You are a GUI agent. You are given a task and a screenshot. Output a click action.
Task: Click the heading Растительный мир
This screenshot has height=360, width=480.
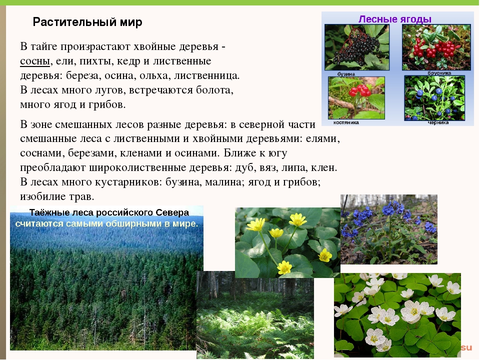87,22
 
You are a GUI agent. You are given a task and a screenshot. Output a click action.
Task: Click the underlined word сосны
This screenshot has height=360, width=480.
35,61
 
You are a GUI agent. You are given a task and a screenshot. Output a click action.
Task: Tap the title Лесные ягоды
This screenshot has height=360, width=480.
395,19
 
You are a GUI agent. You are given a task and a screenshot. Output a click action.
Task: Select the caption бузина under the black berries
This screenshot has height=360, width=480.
346,74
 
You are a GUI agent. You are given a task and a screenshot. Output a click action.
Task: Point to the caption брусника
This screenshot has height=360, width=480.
439,73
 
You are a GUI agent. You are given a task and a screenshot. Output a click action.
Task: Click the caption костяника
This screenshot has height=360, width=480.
346,122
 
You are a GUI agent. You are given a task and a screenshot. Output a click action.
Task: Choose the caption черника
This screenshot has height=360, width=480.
438,122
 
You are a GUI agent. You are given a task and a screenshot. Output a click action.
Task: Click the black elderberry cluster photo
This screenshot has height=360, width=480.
357,47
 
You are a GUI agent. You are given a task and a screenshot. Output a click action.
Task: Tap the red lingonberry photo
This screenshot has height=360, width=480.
436,47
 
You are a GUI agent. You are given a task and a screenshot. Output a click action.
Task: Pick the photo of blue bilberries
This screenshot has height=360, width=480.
434,98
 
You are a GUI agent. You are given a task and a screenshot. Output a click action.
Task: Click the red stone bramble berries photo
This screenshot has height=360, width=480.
356,98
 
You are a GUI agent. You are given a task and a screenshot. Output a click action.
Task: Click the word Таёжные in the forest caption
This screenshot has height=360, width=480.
48,212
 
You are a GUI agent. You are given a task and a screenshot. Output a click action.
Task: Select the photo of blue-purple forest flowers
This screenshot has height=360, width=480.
389,229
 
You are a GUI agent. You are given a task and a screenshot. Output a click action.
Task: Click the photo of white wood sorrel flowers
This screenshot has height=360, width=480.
397,315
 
